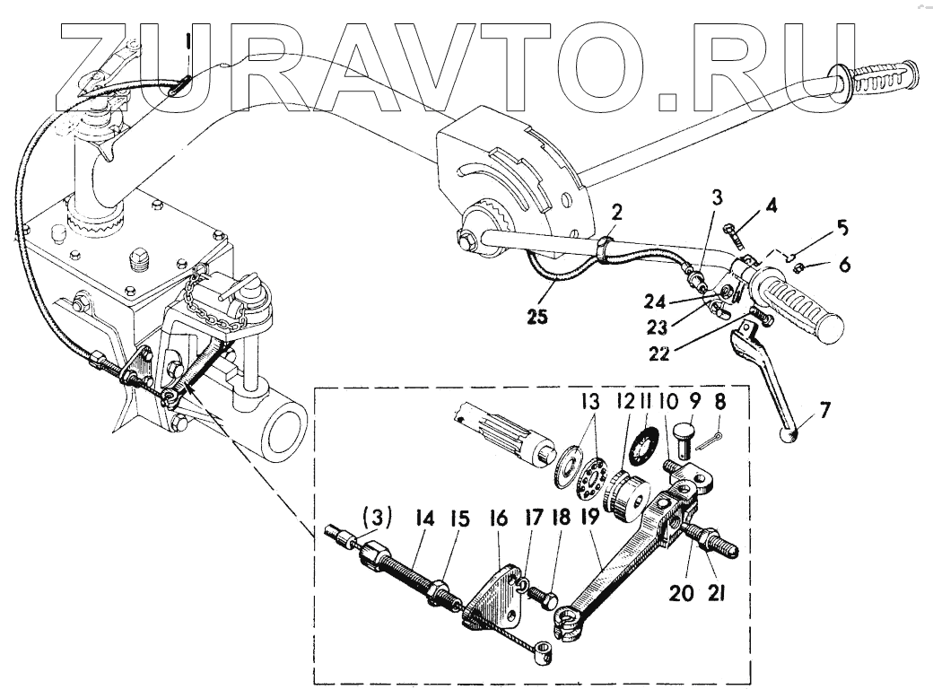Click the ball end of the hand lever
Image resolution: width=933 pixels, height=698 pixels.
pyautogui.click(x=790, y=436)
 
